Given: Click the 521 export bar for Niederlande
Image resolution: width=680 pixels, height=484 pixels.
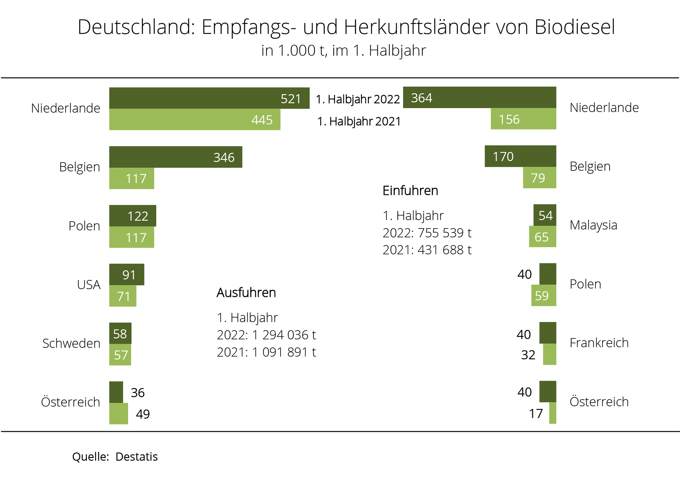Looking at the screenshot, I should point(209,98).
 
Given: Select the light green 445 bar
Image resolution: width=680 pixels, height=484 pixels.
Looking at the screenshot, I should point(195,120).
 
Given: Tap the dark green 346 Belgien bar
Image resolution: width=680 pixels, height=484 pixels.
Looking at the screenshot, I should point(176,157).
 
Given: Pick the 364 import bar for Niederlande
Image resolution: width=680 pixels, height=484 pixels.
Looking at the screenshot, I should point(479,98).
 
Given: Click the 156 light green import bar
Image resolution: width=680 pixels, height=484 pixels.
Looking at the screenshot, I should point(523,119).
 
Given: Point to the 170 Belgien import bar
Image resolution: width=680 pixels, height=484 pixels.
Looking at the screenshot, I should point(520,156).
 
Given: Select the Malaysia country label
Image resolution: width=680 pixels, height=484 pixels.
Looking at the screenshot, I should point(593,225).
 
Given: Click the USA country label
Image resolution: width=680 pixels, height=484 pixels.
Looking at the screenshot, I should point(89,285).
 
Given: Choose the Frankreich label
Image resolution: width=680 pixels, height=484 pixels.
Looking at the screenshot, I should point(599,343).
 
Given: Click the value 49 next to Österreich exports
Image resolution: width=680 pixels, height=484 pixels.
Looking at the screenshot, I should point(143,414).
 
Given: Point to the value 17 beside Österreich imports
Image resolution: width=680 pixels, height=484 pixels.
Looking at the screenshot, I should point(536,414).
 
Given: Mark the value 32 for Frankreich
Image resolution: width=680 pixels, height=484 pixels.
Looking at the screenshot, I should point(528,355).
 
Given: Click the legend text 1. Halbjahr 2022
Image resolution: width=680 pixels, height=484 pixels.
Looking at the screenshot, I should point(358,99).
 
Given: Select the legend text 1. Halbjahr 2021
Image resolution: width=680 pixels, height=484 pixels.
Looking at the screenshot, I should point(359,122).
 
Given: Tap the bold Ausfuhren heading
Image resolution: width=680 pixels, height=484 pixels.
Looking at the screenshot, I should point(246,293).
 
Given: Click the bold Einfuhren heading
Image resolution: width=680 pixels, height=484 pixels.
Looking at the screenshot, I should point(410,191).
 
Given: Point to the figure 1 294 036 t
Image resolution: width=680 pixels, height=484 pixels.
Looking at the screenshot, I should point(284,335).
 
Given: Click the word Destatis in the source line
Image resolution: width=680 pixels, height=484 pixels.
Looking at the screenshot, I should point(136,457).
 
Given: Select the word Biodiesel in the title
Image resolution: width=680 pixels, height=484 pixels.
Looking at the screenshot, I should point(574,27).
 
